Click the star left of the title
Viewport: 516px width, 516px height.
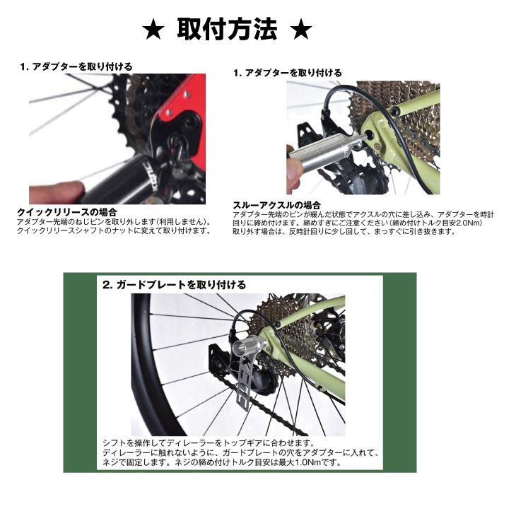pyautogui.click(x=153, y=32)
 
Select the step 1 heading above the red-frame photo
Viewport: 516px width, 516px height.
pyautogui.click(x=76, y=66)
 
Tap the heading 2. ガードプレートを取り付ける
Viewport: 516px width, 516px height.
pyautogui.click(x=174, y=285)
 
